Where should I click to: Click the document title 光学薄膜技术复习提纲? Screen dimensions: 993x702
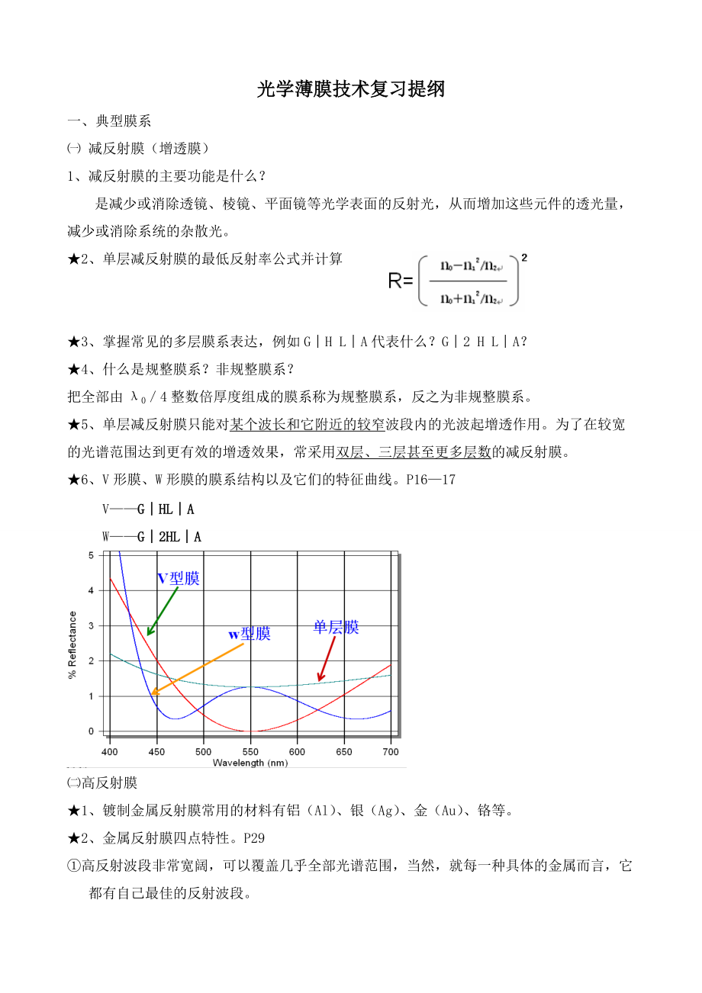point(351,89)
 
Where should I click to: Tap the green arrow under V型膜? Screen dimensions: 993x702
point(162,611)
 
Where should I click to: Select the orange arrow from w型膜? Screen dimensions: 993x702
point(197,669)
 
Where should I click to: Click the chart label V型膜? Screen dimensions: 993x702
point(178,579)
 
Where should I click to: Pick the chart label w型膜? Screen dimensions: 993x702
point(250,634)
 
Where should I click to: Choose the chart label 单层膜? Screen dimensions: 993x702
point(336,628)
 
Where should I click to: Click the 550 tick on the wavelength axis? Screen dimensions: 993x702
point(250,751)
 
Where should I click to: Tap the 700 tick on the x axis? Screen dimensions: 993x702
point(390,751)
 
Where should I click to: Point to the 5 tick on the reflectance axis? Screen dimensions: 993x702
point(92,555)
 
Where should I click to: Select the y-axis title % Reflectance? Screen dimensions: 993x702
point(73,644)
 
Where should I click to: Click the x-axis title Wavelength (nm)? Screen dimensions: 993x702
point(250,762)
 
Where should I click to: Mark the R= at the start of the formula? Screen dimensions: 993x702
point(401,281)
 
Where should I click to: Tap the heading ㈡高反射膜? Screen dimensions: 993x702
point(102,783)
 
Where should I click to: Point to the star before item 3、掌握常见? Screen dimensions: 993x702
point(74,342)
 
